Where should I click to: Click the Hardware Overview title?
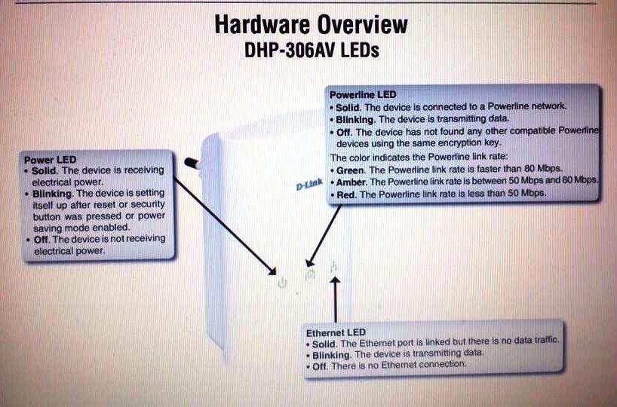pyautogui.click(x=311, y=24)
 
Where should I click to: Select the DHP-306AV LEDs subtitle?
pyautogui.click(x=311, y=50)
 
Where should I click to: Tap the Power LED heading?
pyautogui.click(x=50, y=160)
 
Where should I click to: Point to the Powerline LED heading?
pyautogui.click(x=363, y=94)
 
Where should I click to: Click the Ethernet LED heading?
pyautogui.click(x=336, y=332)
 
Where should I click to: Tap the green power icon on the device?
pyautogui.click(x=282, y=283)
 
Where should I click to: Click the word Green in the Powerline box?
pyautogui.click(x=351, y=169)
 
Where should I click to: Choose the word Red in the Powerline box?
pyautogui.click(x=346, y=194)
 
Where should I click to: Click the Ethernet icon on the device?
pyautogui.click(x=333, y=266)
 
